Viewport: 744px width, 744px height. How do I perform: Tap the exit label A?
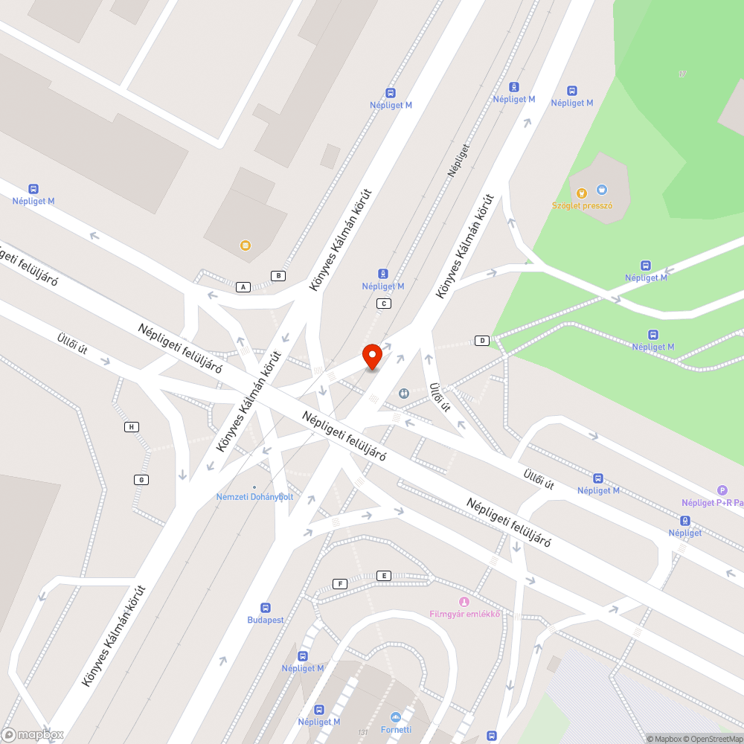pyautogui.click(x=243, y=287)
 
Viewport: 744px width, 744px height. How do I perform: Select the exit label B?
pyautogui.click(x=278, y=276)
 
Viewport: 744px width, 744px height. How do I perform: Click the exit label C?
pyautogui.click(x=384, y=304)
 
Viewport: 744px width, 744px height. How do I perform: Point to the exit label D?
pyautogui.click(x=482, y=341)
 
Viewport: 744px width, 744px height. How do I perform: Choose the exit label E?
pyautogui.click(x=384, y=576)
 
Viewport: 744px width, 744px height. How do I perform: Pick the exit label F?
pyautogui.click(x=340, y=583)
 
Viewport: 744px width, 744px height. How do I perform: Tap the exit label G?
pyautogui.click(x=140, y=479)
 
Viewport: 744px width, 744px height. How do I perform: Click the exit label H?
pyautogui.click(x=132, y=427)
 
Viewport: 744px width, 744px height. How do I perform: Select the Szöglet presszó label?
pyautogui.click(x=582, y=206)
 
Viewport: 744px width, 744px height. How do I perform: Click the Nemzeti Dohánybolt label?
pyautogui.click(x=254, y=496)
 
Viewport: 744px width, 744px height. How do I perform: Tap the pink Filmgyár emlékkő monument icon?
pyautogui.click(x=464, y=602)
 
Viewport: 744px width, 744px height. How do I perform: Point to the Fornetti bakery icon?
pyautogui.click(x=396, y=717)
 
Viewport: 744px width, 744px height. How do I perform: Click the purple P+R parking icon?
pyautogui.click(x=722, y=490)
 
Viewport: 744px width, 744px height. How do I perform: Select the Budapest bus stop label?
pyautogui.click(x=266, y=620)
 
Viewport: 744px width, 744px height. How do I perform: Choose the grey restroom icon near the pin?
pyautogui.click(x=404, y=393)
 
